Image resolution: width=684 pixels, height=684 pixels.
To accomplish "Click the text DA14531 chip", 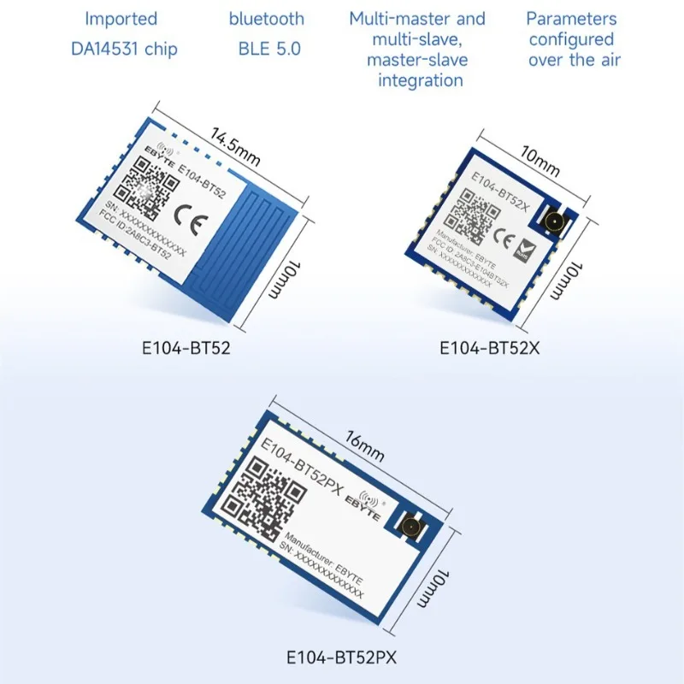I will [124, 49].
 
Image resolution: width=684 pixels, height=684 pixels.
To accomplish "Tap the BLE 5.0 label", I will [270, 49].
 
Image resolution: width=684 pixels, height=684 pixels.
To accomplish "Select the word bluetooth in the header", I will [266, 18].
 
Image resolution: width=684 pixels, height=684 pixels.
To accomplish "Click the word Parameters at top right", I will [571, 18].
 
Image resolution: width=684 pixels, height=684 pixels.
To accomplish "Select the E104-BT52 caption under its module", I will [186, 349].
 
